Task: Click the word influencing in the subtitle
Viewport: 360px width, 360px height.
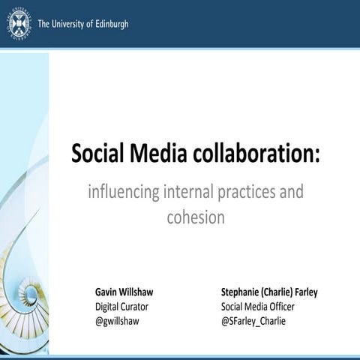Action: pyautogui.click(x=123, y=192)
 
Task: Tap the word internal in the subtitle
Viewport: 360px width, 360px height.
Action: pyautogui.click(x=192, y=192)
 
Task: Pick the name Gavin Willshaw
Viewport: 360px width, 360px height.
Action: pyautogui.click(x=124, y=292)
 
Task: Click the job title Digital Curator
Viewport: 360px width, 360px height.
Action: pyautogui.click(x=121, y=307)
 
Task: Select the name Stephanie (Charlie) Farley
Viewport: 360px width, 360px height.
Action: pyautogui.click(x=269, y=292)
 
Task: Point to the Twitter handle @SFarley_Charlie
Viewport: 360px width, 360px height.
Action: pyautogui.click(x=253, y=321)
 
